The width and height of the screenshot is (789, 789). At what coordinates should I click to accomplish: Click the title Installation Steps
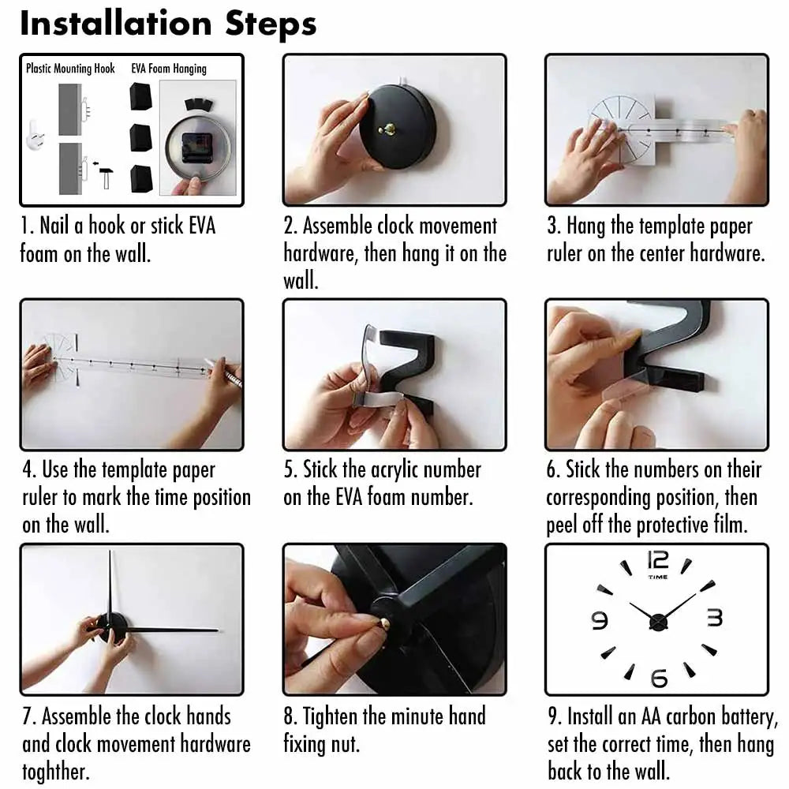point(168,24)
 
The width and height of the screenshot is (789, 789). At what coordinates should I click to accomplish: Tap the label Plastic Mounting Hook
point(70,69)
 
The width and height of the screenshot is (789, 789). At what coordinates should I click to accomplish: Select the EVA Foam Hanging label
point(169,69)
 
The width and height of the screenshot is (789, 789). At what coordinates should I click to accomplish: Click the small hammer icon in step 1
point(105,177)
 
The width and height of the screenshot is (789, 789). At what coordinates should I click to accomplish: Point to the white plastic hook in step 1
point(36,135)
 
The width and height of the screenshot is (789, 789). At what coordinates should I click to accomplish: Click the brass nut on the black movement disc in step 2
point(387,130)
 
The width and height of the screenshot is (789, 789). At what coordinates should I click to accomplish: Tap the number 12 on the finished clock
point(658,560)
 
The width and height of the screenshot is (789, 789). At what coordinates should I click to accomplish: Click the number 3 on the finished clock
point(715,618)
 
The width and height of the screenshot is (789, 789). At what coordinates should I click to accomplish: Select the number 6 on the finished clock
point(659,679)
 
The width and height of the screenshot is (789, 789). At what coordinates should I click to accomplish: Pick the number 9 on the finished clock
point(600,620)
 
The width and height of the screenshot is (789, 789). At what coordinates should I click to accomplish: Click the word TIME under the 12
point(658,578)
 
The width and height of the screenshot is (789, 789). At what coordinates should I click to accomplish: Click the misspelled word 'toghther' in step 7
point(56,772)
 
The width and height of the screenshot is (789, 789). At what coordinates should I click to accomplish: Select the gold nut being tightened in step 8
point(385,623)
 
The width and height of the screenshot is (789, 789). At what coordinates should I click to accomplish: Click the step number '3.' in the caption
point(554,226)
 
